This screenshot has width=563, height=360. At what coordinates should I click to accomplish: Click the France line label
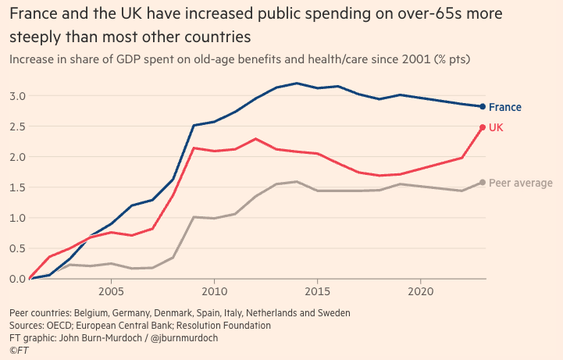(505, 108)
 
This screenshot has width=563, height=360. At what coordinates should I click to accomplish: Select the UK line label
(497, 127)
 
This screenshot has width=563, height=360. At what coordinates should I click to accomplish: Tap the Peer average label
(520, 184)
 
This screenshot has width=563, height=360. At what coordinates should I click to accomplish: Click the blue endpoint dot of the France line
(482, 107)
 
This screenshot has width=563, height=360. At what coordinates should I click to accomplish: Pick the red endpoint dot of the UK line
(482, 127)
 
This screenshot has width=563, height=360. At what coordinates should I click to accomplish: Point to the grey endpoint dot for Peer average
(482, 183)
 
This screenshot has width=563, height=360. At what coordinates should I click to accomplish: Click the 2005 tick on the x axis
(112, 290)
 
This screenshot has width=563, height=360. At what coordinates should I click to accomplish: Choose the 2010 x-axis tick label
(215, 290)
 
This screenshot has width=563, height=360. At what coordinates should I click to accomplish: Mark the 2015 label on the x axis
(318, 290)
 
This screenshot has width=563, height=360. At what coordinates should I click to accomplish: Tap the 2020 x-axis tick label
(421, 290)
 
